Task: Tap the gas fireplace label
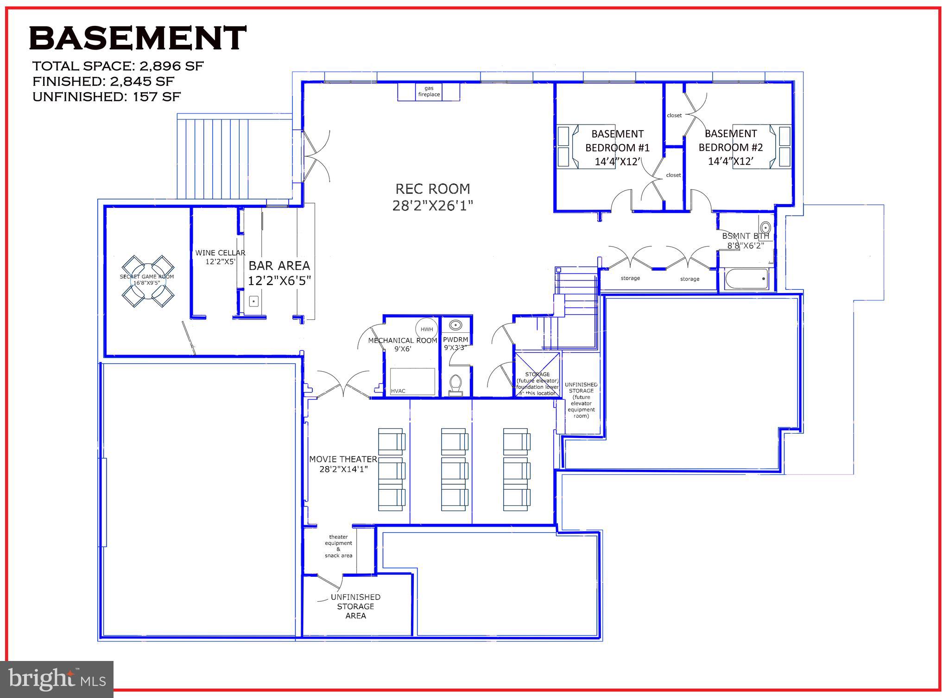(429, 91)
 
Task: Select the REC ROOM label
(432, 189)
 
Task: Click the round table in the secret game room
(147, 281)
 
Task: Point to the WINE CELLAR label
(220, 253)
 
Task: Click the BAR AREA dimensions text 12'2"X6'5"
(279, 281)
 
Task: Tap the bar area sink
(253, 301)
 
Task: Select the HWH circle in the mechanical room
(426, 330)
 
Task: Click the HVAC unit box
(412, 381)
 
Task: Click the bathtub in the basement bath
(746, 279)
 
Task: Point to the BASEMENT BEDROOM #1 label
(617, 141)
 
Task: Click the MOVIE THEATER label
(343, 459)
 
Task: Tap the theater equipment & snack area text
(338, 546)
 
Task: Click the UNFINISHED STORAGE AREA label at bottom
(355, 606)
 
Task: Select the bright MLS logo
(57, 679)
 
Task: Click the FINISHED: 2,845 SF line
(103, 81)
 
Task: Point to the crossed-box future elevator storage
(538, 374)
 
